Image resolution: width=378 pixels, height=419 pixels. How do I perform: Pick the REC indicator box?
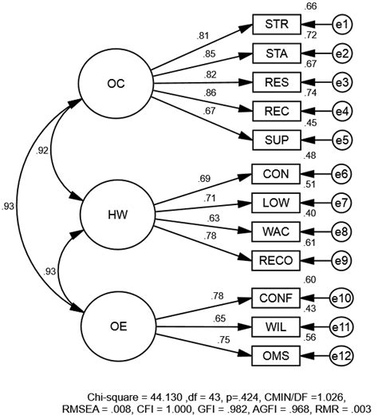277,110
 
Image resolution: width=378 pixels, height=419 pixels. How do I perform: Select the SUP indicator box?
277,140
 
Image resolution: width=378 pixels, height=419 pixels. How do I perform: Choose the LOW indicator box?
277,202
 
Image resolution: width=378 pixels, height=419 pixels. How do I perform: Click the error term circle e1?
343,26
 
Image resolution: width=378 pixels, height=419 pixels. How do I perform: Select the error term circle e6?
343,172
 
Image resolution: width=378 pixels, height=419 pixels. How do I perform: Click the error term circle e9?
343,260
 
